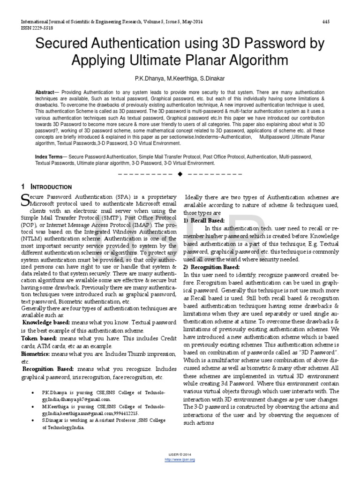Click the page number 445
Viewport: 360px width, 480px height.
(327, 22)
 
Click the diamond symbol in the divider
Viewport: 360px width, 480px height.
(180, 174)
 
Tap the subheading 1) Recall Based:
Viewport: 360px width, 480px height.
(204, 220)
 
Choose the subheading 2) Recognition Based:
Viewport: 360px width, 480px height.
(211, 267)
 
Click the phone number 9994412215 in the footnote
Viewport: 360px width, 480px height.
(125, 414)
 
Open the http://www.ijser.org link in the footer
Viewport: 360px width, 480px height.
(180, 460)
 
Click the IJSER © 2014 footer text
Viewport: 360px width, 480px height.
(180, 455)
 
